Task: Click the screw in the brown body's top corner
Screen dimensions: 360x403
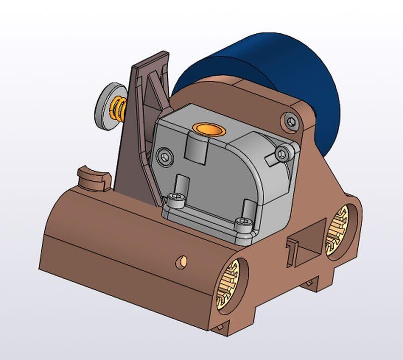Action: (x=291, y=121)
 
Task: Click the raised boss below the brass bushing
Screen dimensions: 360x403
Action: (x=198, y=147)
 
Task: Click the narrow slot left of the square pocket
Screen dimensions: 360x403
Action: (x=291, y=252)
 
